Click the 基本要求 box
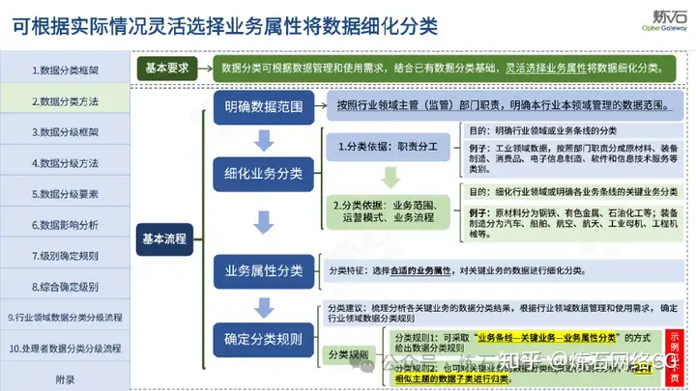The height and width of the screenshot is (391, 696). click(x=168, y=68)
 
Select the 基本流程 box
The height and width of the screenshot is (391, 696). click(x=163, y=237)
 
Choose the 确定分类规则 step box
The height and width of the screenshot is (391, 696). click(x=263, y=340)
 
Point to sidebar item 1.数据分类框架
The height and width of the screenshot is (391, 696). click(x=65, y=70)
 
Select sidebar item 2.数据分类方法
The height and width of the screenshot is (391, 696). click(x=65, y=101)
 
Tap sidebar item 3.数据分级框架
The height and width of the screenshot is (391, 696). click(x=65, y=132)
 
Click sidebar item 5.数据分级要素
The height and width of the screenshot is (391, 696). click(x=65, y=194)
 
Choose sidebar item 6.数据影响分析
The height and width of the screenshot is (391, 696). click(x=65, y=225)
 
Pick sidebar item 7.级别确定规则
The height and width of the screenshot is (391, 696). click(x=65, y=256)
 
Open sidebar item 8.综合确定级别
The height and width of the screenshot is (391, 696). click(x=65, y=287)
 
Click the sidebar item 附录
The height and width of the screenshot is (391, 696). click(x=65, y=379)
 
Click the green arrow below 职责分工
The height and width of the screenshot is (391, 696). click(x=390, y=178)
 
